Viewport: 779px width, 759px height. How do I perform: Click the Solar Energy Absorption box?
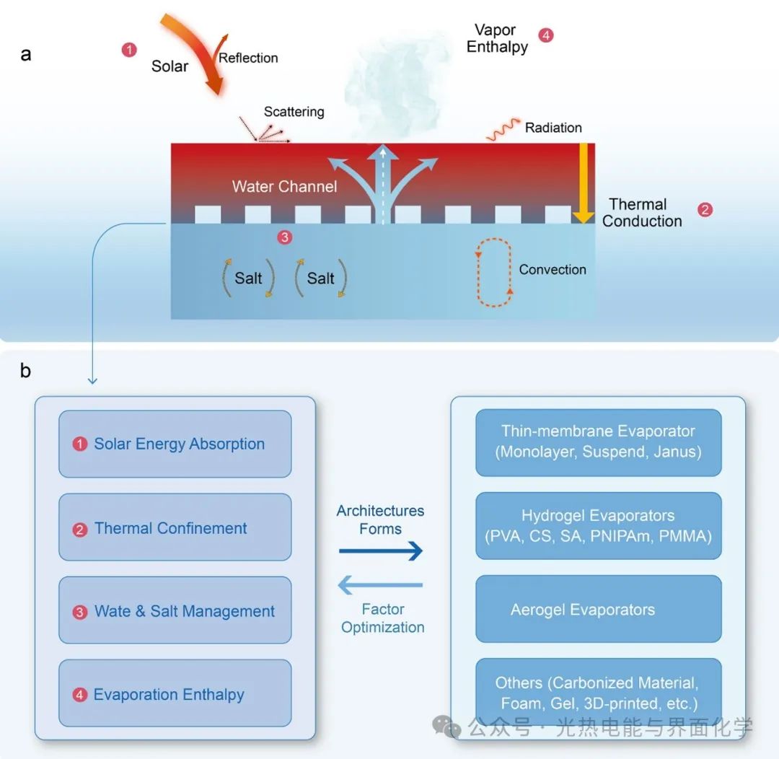coord(175,444)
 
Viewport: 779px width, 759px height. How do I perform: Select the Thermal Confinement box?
coord(175,527)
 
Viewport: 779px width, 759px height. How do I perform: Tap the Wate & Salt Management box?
coord(175,610)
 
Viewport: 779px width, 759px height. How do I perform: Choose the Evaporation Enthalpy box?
coord(175,693)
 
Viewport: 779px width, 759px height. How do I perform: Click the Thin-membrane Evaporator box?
coord(598,442)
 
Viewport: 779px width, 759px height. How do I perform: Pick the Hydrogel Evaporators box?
coord(598,525)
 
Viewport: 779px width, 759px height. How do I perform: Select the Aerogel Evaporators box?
coord(598,609)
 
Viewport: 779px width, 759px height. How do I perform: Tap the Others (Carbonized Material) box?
coord(598,693)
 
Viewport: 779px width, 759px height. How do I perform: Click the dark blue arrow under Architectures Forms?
coord(381,552)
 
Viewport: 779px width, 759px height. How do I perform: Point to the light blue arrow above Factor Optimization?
coord(380,584)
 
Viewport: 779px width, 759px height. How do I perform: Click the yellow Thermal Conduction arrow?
coord(583,183)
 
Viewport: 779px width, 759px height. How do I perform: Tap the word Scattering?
coord(294,112)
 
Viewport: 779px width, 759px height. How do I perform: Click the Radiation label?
coord(553,128)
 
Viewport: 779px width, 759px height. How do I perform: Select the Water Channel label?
coord(284,187)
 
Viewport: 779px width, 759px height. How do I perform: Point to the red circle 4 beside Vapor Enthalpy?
coord(546,35)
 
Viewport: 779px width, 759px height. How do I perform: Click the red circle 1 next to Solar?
coord(129,50)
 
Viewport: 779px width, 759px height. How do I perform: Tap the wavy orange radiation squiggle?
coord(503,131)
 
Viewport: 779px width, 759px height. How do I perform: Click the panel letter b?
coord(25,371)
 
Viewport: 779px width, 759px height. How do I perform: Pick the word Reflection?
coord(248,58)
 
